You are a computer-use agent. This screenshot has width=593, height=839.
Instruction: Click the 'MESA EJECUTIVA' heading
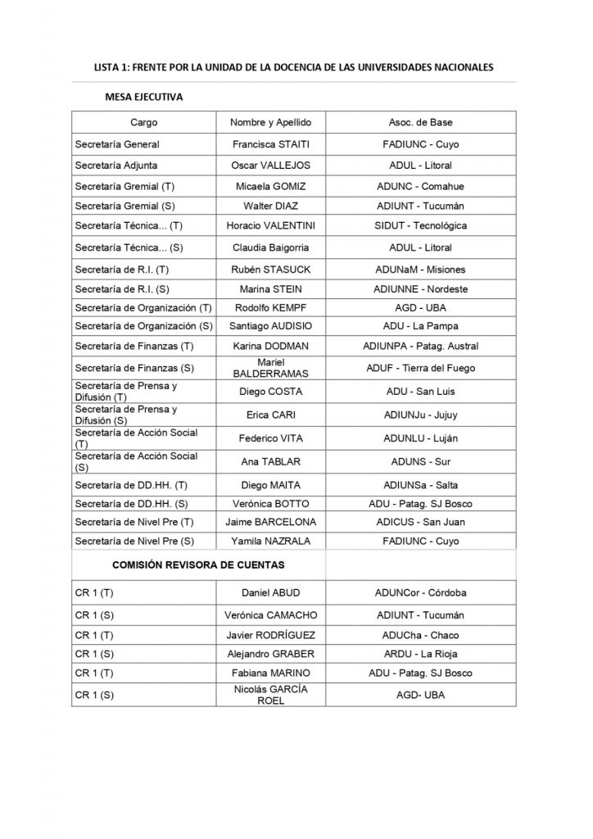(143, 97)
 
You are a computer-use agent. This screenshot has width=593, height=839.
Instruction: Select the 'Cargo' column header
(143, 122)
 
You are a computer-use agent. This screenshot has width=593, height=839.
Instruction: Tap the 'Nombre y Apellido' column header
(271, 122)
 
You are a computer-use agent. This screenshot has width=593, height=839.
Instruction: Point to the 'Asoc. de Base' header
(420, 122)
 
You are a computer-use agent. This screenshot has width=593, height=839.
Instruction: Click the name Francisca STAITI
(271, 144)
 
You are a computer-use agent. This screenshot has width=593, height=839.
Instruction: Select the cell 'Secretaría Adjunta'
(114, 165)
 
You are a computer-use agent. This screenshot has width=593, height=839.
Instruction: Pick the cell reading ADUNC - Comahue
(420, 185)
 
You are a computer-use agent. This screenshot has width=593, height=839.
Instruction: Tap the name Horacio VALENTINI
(271, 226)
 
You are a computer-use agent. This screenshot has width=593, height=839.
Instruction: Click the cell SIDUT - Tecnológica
(420, 226)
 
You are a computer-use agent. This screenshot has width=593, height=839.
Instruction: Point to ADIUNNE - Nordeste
(420, 288)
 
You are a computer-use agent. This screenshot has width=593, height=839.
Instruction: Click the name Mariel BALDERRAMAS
(271, 368)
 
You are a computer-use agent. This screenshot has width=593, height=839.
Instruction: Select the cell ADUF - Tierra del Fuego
(420, 368)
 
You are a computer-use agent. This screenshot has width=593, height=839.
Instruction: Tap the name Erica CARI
(271, 415)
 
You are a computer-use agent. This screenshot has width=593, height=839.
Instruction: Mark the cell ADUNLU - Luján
(420, 438)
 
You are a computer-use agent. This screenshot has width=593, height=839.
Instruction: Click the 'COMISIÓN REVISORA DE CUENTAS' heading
(198, 565)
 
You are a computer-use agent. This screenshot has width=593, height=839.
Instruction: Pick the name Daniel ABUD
(271, 592)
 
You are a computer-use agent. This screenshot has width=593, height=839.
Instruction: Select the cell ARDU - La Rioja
(420, 653)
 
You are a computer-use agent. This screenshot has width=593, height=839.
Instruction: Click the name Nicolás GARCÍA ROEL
(271, 695)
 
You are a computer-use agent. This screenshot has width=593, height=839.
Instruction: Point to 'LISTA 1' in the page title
(112, 68)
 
